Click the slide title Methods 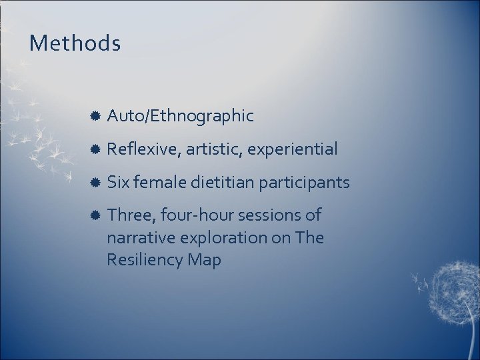coord(75,44)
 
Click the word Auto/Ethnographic coord(180,116)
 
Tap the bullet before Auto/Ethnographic coord(95,116)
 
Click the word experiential coord(292,149)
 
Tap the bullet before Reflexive coord(95,149)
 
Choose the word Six coord(119,182)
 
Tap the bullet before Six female coord(95,182)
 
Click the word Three coord(131,215)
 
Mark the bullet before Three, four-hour coord(95,215)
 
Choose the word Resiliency coord(145,260)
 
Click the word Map coord(204,260)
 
